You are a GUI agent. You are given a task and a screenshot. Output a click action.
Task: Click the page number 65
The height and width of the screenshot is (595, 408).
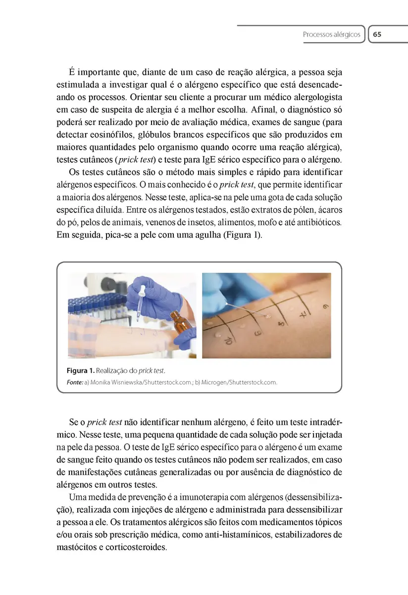pyautogui.click(x=377, y=35)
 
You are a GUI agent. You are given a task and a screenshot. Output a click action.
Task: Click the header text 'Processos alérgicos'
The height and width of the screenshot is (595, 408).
pyautogui.click(x=331, y=35)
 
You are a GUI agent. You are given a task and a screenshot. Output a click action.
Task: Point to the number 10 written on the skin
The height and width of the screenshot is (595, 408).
pyautogui.click(x=229, y=340)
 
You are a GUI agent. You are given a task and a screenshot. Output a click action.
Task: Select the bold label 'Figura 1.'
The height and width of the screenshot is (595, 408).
pyautogui.click(x=80, y=370)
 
